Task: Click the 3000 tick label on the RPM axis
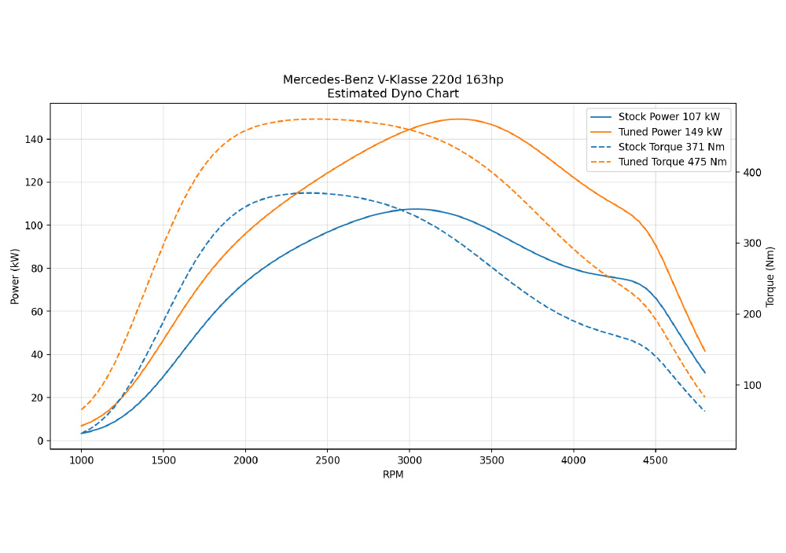click(410, 460)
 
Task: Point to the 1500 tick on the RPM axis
click(163, 460)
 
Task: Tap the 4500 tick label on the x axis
click(656, 460)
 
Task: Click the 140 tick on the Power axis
click(35, 139)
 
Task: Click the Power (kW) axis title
click(15, 276)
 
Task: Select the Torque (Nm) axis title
click(770, 276)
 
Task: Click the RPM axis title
click(393, 474)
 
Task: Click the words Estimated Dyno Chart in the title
click(393, 93)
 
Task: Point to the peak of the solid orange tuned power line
click(458, 119)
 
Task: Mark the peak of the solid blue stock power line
click(415, 209)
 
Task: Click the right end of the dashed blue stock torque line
click(705, 411)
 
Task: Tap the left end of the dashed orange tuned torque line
click(81, 409)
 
